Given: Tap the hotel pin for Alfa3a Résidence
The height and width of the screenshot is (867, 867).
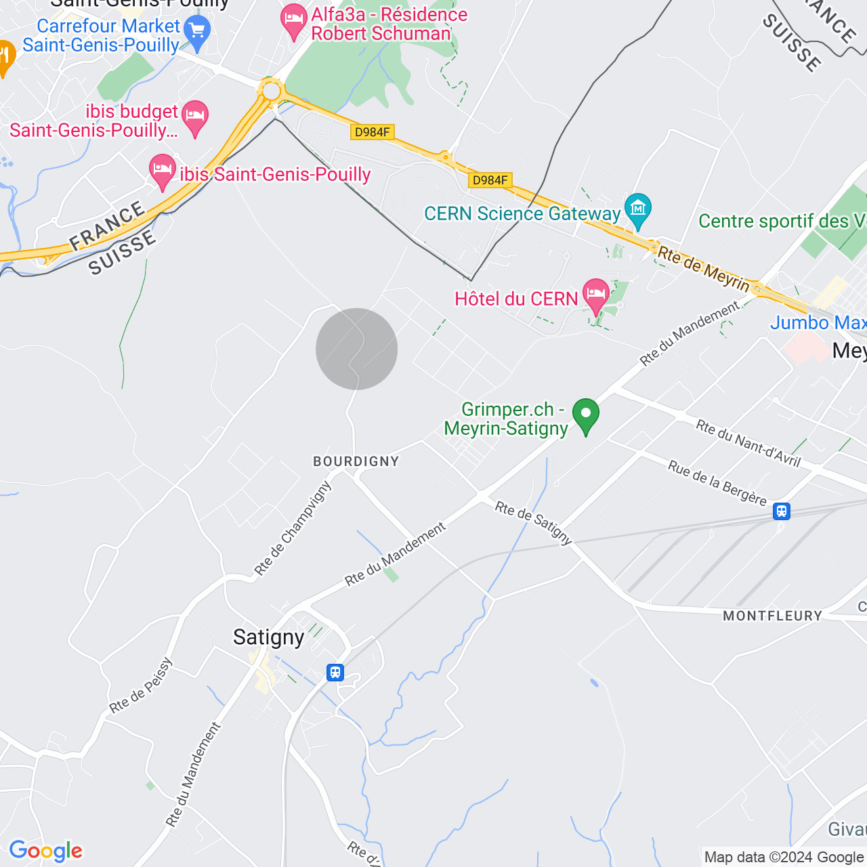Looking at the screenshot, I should click(x=293, y=20).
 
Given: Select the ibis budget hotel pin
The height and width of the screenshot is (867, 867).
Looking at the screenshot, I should click(x=194, y=117).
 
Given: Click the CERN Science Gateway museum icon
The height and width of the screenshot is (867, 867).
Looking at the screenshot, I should click(x=637, y=209).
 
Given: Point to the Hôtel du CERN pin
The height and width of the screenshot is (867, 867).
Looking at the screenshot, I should click(x=596, y=295).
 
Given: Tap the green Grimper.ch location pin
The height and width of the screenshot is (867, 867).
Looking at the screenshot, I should click(x=585, y=415).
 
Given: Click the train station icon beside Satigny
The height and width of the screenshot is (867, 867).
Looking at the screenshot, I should click(x=335, y=673).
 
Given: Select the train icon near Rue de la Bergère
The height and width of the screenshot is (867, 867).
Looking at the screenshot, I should click(x=782, y=511).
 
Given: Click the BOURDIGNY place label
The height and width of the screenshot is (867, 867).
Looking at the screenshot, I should click(x=356, y=461).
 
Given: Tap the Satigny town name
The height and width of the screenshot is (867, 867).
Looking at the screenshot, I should click(x=269, y=637).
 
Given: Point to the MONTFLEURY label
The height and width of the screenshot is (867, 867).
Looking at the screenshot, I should click(x=772, y=616).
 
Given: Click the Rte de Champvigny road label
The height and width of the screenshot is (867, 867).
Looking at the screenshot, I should click(x=293, y=528).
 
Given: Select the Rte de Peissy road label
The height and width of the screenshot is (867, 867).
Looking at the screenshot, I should click(x=142, y=685).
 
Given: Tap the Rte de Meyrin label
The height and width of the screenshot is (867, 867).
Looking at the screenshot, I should click(x=704, y=270).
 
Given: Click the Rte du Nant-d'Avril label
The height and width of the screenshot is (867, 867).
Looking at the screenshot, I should click(x=748, y=444).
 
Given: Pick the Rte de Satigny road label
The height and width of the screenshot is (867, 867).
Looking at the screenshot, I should click(x=534, y=522).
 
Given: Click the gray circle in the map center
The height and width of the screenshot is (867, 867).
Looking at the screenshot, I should click(x=356, y=349).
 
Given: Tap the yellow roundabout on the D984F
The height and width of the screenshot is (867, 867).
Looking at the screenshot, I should click(x=272, y=91).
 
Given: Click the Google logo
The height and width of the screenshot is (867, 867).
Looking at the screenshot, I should click(x=46, y=851).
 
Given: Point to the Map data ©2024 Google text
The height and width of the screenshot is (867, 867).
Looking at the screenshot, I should click(x=784, y=857).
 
